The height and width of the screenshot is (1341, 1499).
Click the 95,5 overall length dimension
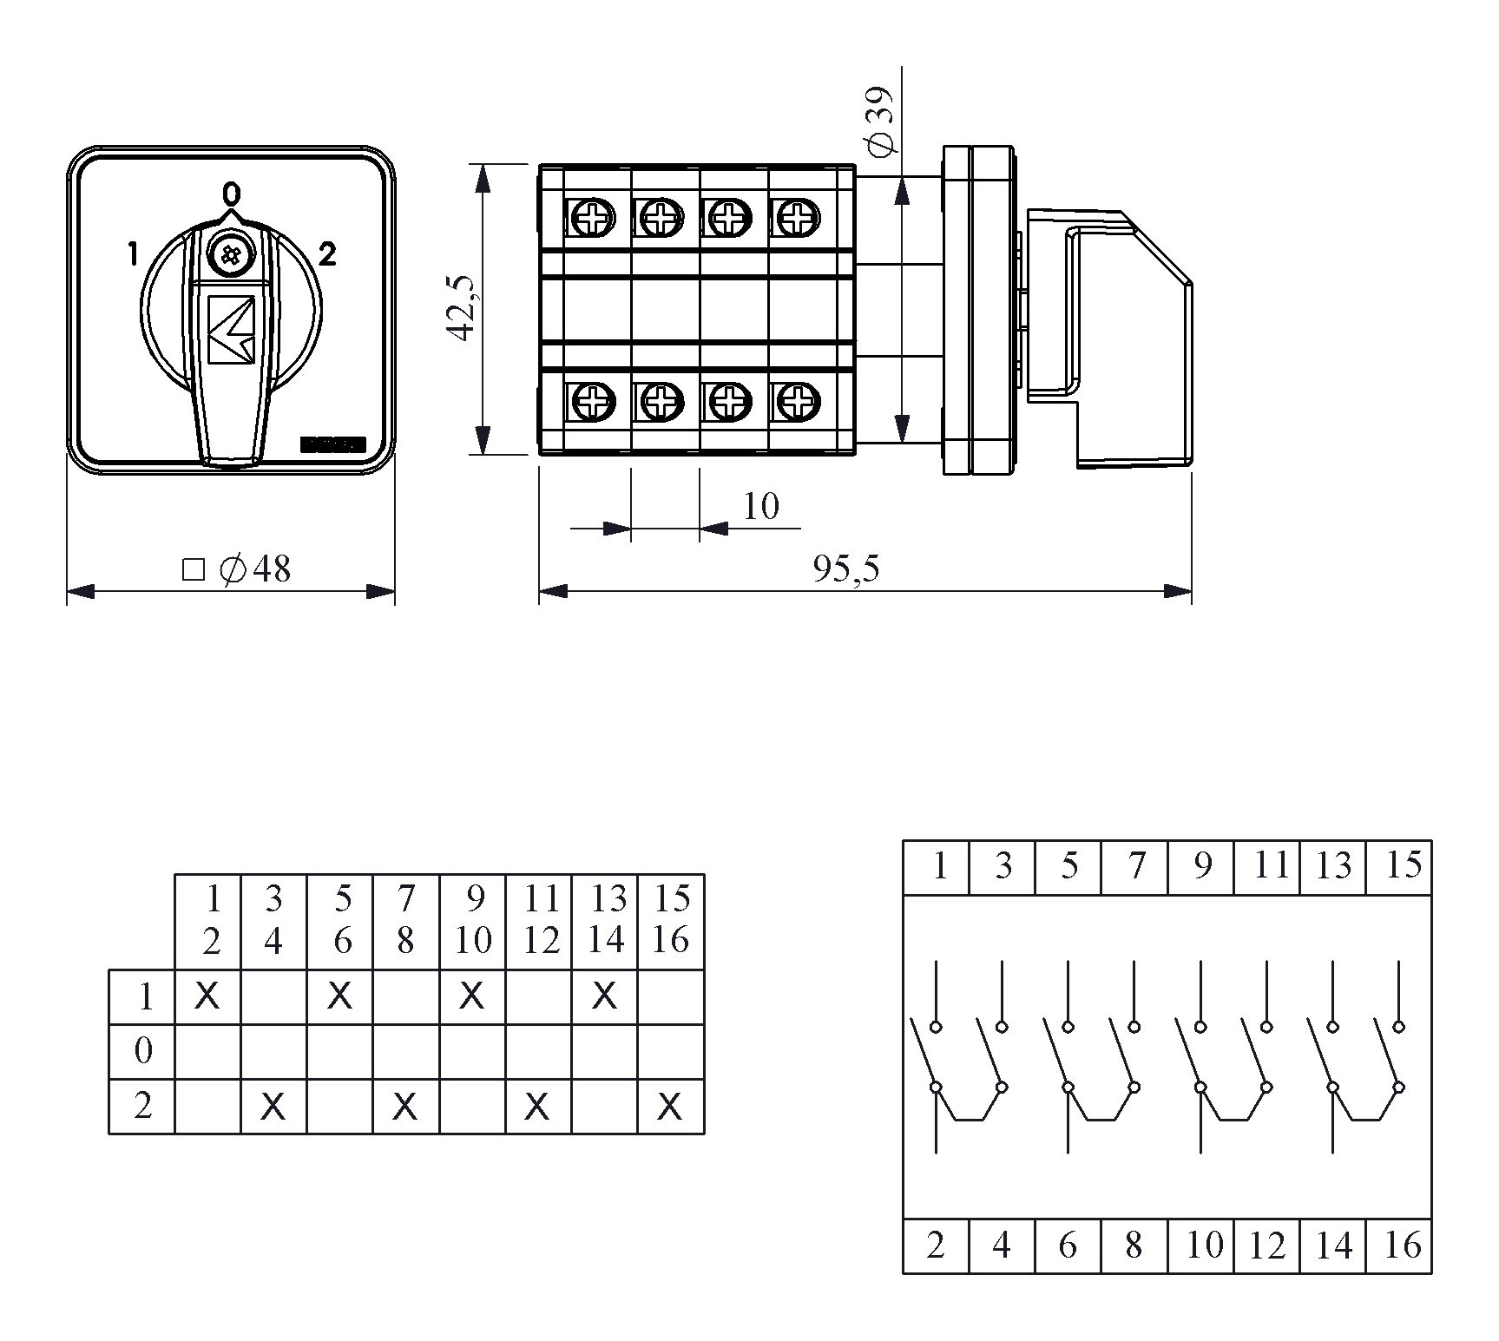[x=846, y=569]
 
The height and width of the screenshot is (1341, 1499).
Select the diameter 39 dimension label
[x=880, y=122]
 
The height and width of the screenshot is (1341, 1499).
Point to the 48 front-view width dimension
[x=237, y=569]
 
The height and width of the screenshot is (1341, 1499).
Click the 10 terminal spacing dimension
[x=761, y=506]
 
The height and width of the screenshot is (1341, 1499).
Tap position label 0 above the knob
[x=231, y=193]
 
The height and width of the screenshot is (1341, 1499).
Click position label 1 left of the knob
[x=133, y=254]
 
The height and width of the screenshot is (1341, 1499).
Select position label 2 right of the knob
[x=327, y=254]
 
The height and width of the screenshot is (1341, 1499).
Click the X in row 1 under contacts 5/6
[x=340, y=997]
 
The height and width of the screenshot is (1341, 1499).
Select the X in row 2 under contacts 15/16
[x=670, y=1107]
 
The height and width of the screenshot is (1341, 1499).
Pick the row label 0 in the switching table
[x=143, y=1051]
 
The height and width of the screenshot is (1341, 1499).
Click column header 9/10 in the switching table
[x=473, y=921]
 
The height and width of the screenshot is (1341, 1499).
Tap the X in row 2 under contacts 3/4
[x=273, y=1107]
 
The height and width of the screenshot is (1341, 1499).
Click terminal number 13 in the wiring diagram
[x=1333, y=866]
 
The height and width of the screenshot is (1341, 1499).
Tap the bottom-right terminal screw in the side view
[x=792, y=400]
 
